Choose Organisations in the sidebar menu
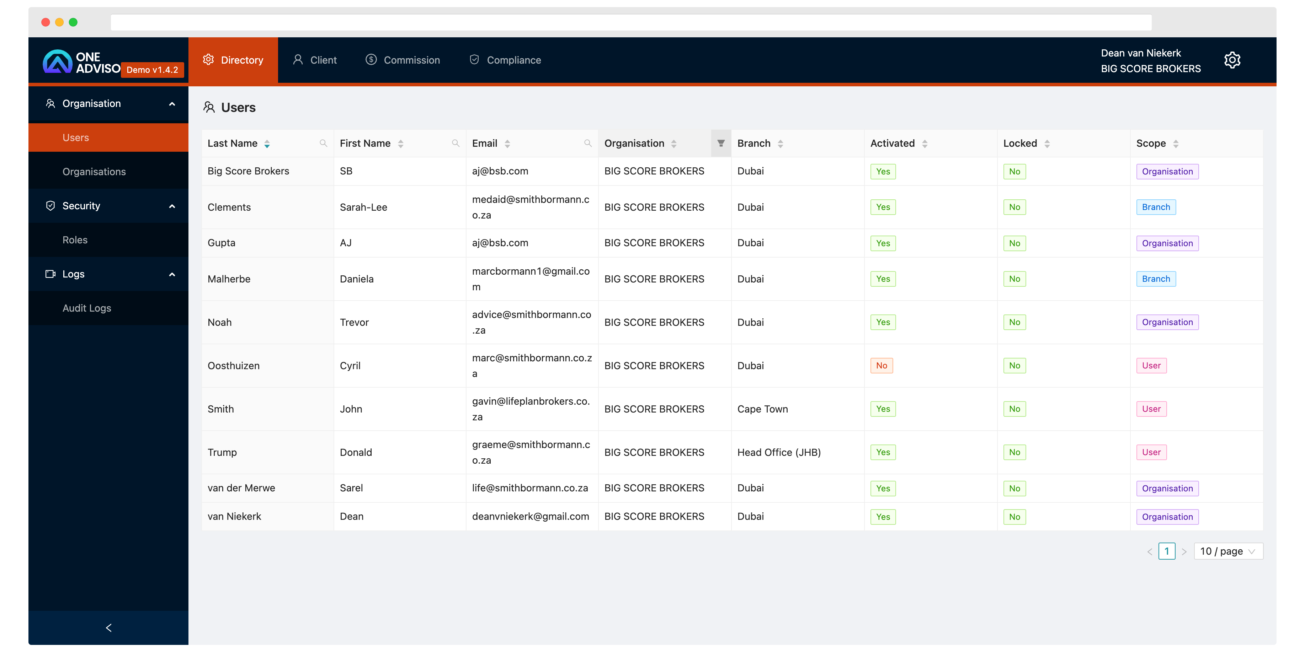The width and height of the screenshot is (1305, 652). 94,172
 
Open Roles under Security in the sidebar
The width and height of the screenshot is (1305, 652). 75,240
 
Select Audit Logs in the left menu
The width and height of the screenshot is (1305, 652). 87,308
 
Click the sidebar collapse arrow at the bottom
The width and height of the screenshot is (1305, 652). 108,628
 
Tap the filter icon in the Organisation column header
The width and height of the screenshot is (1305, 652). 720,143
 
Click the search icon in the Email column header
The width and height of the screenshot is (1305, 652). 588,143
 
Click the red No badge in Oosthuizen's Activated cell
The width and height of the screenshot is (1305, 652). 881,366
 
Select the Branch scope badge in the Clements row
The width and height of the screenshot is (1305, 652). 1156,207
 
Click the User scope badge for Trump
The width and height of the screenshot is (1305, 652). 1151,452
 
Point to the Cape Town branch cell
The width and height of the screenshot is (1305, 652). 762,409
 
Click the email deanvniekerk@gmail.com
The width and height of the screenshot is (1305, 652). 531,516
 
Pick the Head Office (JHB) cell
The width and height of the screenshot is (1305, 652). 779,452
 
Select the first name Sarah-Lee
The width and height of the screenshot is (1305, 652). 363,207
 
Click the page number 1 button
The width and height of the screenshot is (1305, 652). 1167,551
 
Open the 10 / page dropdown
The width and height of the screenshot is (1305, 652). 1228,551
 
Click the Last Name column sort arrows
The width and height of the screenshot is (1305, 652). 267,144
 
